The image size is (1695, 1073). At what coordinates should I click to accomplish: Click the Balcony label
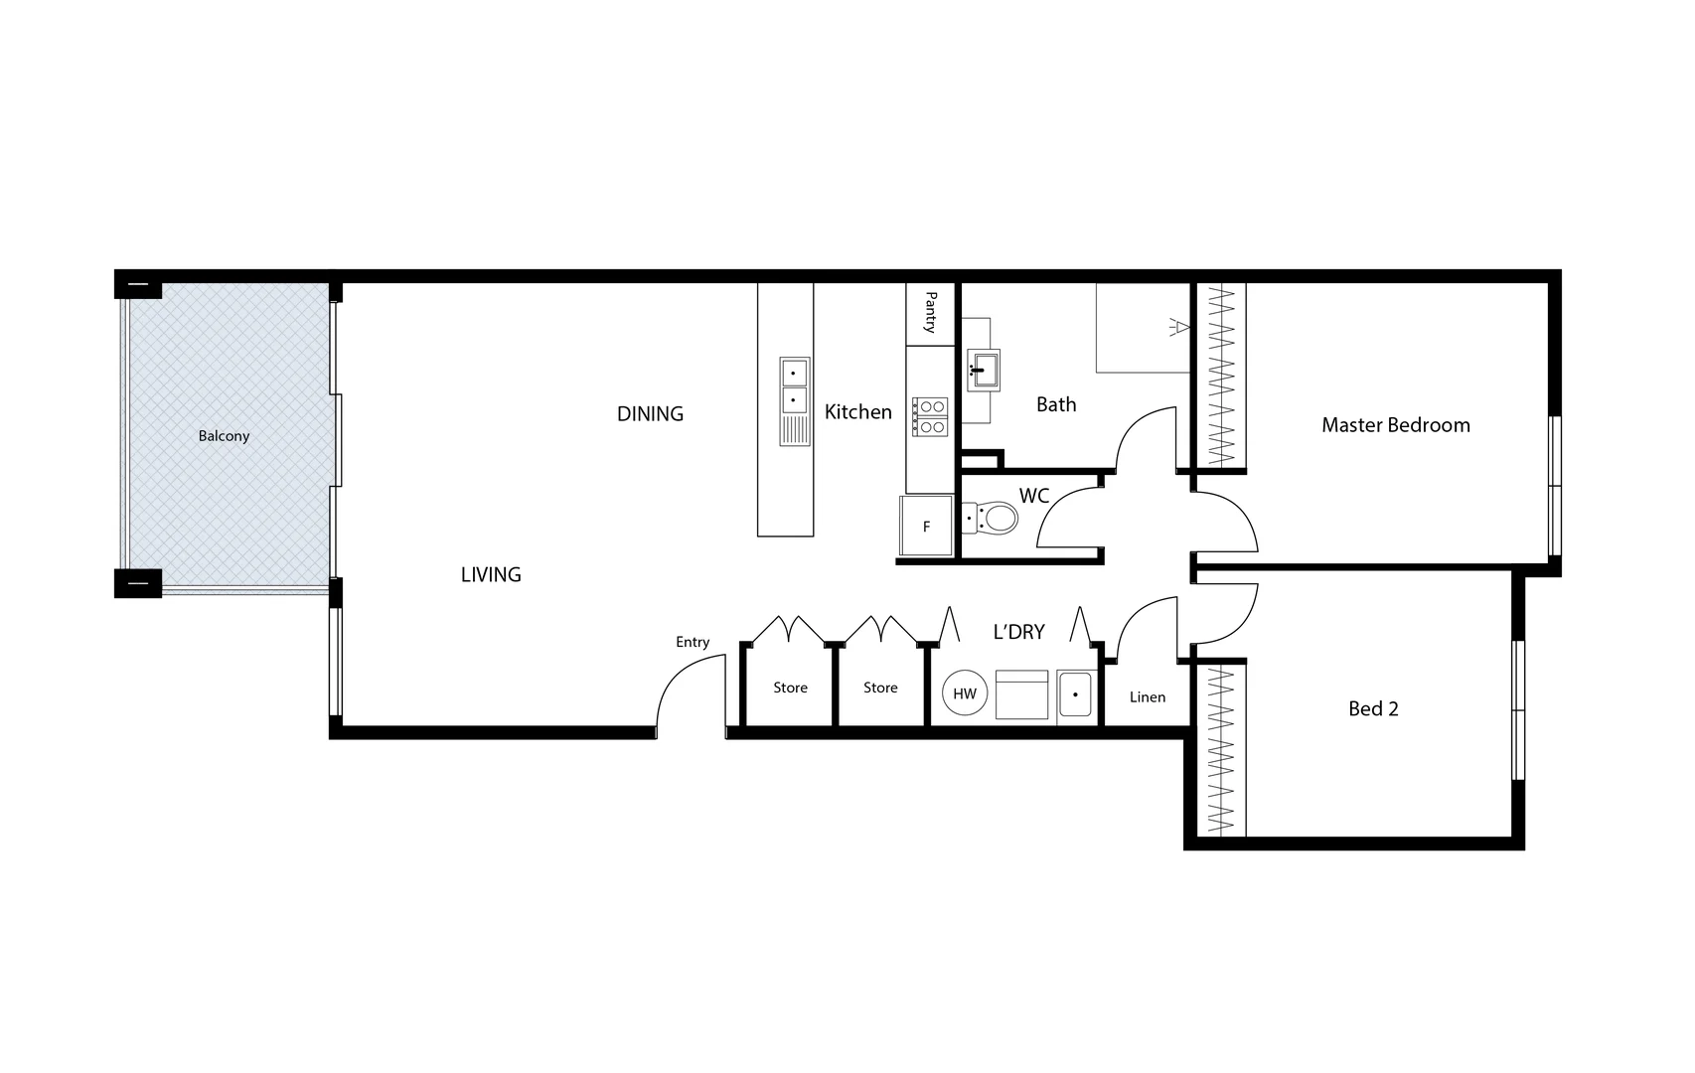[x=224, y=436]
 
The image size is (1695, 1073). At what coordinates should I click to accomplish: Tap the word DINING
[x=650, y=414]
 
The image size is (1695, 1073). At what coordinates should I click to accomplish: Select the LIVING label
[x=491, y=574]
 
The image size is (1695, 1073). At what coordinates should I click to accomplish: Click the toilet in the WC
[x=994, y=518]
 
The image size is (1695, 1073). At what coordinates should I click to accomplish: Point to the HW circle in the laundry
[x=965, y=693]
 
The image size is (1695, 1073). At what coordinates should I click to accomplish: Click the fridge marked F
[x=926, y=526]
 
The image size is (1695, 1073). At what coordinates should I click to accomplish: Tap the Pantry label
[x=931, y=312]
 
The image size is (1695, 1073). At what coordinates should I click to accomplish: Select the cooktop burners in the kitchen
[x=931, y=416]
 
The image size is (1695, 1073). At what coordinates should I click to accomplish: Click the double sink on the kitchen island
[x=794, y=386]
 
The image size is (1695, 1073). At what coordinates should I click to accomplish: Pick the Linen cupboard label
[x=1147, y=697]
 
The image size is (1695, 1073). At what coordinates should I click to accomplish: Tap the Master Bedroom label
[x=1395, y=425]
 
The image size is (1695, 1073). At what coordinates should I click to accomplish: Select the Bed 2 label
[x=1373, y=708]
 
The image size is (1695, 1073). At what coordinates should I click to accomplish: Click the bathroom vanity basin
[x=984, y=370]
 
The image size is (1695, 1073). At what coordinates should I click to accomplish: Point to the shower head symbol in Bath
[x=1178, y=326]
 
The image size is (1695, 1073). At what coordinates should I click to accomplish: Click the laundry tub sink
[x=1075, y=694]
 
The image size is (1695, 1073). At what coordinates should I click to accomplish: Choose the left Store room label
[x=790, y=688]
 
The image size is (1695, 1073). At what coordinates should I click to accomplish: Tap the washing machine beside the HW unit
[x=1021, y=694]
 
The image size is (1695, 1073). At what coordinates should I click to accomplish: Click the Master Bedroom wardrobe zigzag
[x=1220, y=376]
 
